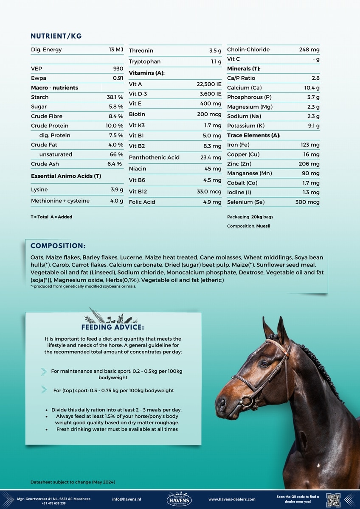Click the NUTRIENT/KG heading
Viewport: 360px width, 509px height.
click(x=56, y=36)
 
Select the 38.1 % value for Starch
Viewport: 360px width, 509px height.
click(x=115, y=97)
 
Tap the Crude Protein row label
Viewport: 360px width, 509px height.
click(x=50, y=126)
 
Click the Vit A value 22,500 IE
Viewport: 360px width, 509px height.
click(x=206, y=84)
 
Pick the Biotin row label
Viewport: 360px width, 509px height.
click(x=137, y=114)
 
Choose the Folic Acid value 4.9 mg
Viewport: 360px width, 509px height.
click(x=212, y=202)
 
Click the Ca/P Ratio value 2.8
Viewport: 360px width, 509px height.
click(x=315, y=78)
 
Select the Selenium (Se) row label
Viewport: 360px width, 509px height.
click(x=246, y=202)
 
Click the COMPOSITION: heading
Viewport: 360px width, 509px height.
click(x=58, y=246)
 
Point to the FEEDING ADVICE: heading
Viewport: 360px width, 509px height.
click(x=113, y=327)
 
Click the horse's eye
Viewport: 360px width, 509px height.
click(x=265, y=364)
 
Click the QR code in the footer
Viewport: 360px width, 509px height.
click(x=333, y=499)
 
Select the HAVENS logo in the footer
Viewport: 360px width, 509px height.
click(x=180, y=499)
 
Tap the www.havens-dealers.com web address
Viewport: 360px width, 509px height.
click(x=232, y=499)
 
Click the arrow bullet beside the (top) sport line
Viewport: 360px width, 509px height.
click(x=44, y=390)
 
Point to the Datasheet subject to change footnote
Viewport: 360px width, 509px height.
click(x=73, y=482)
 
